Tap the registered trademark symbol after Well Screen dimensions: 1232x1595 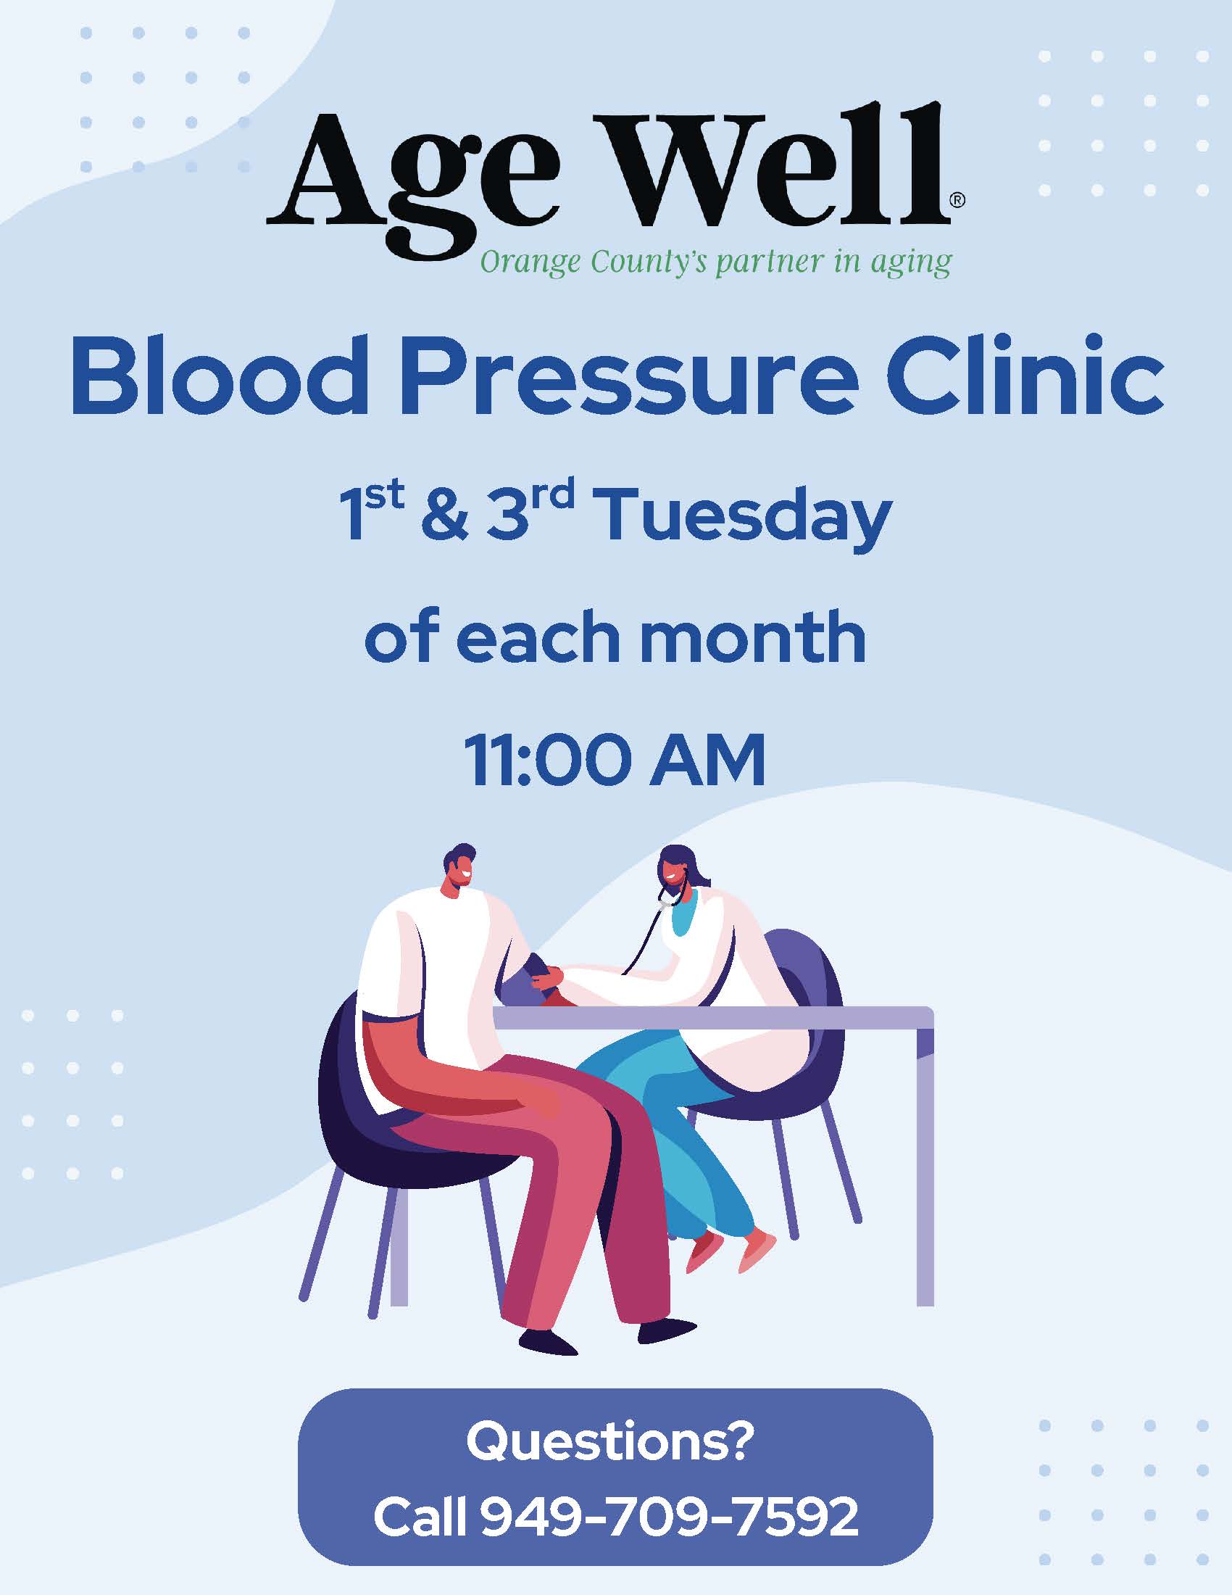click(956, 201)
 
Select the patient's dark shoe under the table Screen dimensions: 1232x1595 click(667, 1330)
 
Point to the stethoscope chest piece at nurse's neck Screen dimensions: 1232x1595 click(662, 905)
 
